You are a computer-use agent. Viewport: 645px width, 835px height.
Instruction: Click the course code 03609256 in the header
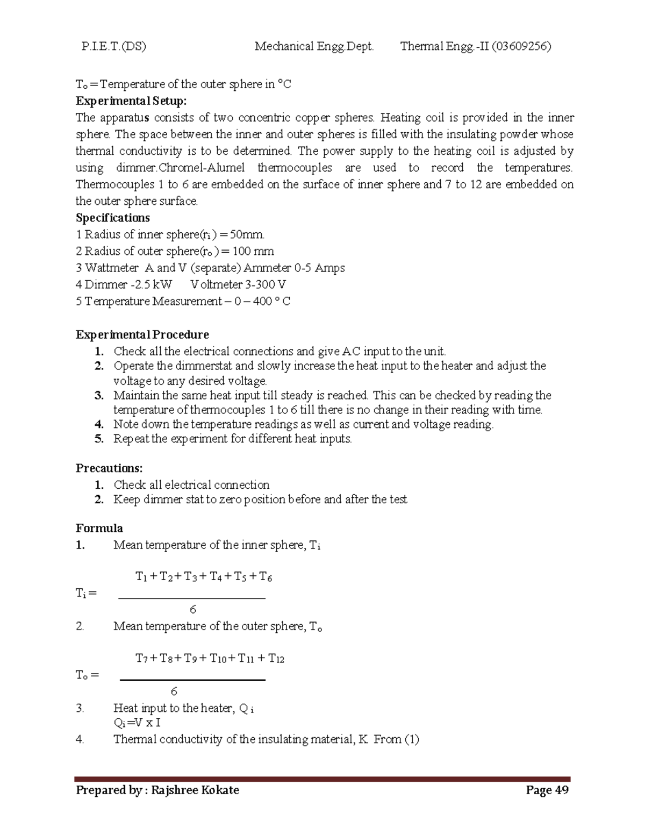coord(521,46)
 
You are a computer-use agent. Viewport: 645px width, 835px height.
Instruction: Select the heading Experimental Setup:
coord(131,101)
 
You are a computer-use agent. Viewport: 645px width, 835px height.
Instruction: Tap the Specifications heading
coord(113,218)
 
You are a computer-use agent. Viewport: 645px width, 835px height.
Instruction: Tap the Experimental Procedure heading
coord(142,334)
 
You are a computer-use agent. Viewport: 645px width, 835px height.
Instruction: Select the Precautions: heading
coord(109,468)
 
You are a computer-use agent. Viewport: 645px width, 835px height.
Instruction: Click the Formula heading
coord(99,528)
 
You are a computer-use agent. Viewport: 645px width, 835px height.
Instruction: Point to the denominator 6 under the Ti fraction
coord(193,609)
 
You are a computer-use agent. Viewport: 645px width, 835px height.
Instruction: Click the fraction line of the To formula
coord(192,680)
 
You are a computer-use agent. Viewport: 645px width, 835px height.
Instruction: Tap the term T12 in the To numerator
coord(276,659)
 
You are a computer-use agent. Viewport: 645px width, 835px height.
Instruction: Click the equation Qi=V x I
coord(138,723)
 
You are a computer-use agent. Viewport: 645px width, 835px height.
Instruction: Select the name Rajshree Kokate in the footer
coord(195,790)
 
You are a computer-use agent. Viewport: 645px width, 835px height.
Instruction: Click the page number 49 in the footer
coord(562,790)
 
